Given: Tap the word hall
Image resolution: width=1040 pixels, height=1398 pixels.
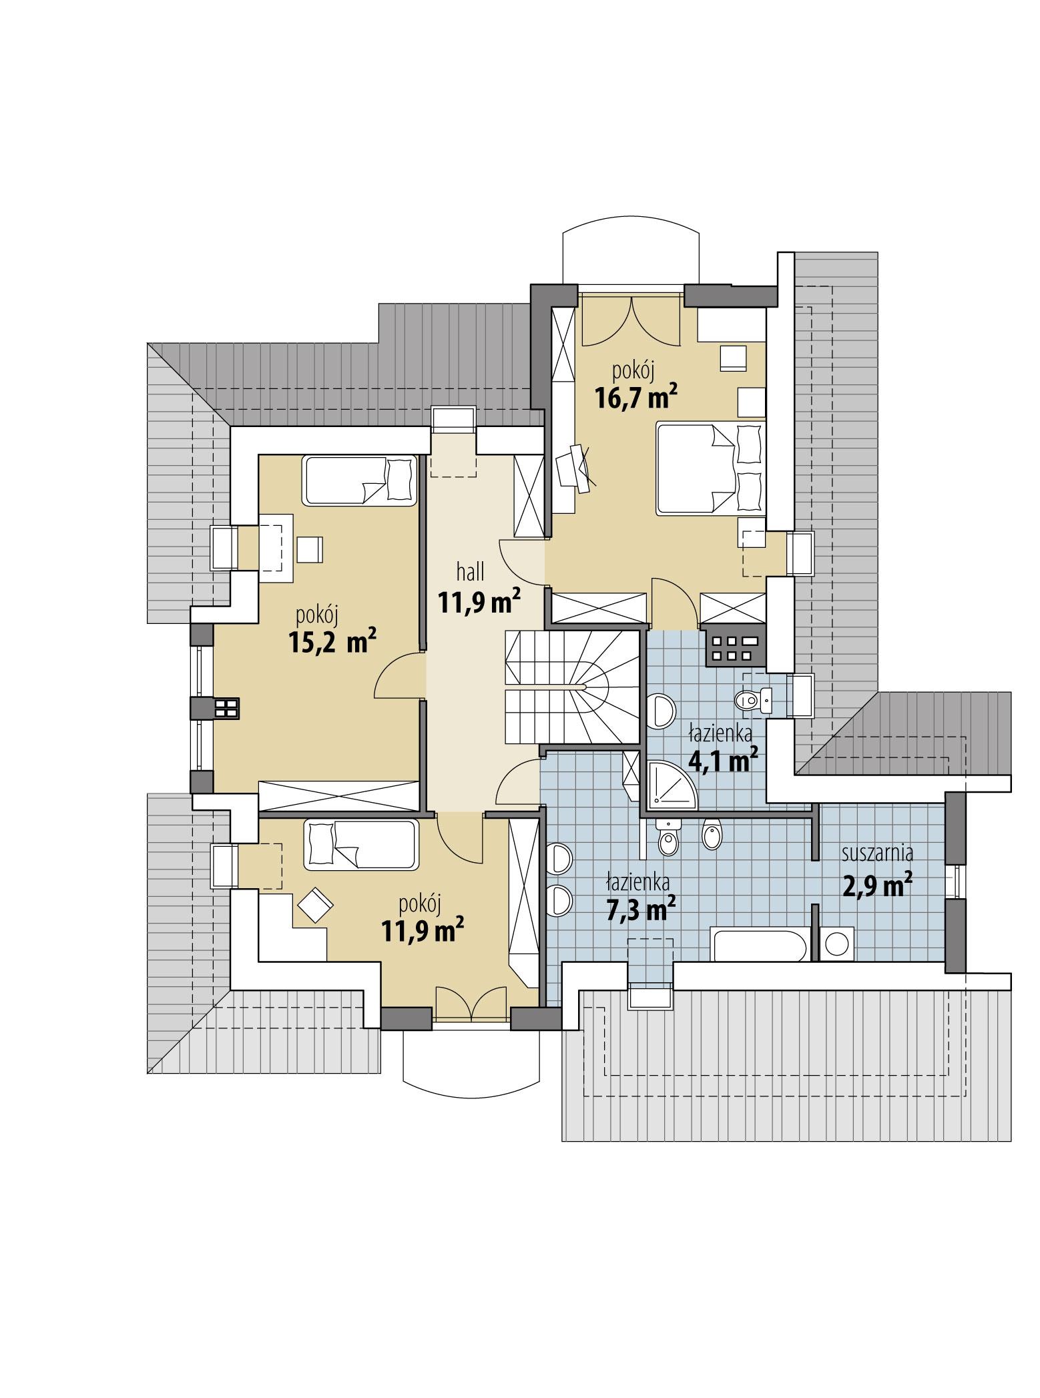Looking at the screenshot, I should (x=470, y=572).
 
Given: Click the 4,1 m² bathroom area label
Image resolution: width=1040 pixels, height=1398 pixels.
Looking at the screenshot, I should (x=723, y=759).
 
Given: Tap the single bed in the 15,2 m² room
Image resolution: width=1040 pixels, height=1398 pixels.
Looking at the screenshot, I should (x=359, y=480).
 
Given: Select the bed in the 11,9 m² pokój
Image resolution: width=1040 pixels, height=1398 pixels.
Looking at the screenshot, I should (x=360, y=845).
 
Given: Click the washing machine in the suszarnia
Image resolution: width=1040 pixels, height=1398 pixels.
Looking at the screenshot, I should (x=836, y=944).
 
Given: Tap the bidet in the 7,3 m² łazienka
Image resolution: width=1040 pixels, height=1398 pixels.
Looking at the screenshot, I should (x=712, y=835).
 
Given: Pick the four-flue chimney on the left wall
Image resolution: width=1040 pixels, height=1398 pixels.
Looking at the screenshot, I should (x=226, y=709).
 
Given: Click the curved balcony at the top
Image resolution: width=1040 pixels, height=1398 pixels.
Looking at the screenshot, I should (x=631, y=256).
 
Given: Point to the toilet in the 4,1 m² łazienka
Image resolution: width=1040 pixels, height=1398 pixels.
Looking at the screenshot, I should (x=751, y=700).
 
